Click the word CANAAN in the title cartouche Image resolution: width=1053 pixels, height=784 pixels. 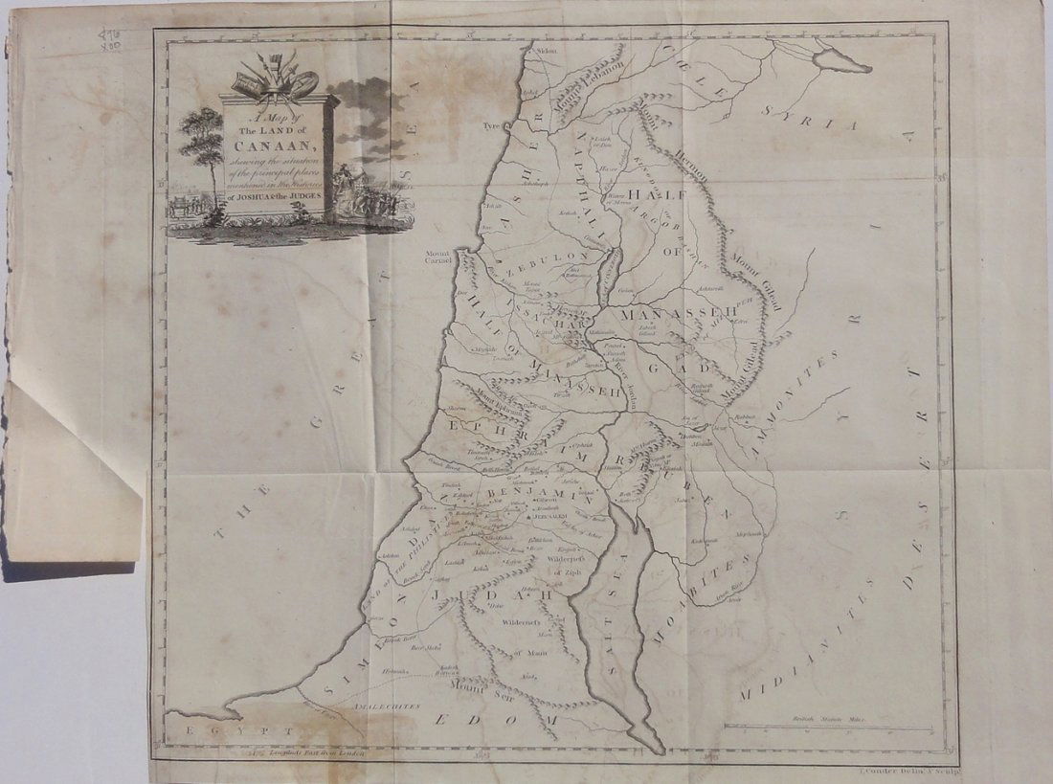coord(278,144)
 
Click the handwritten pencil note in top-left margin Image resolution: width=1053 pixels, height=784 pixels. coord(111,38)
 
